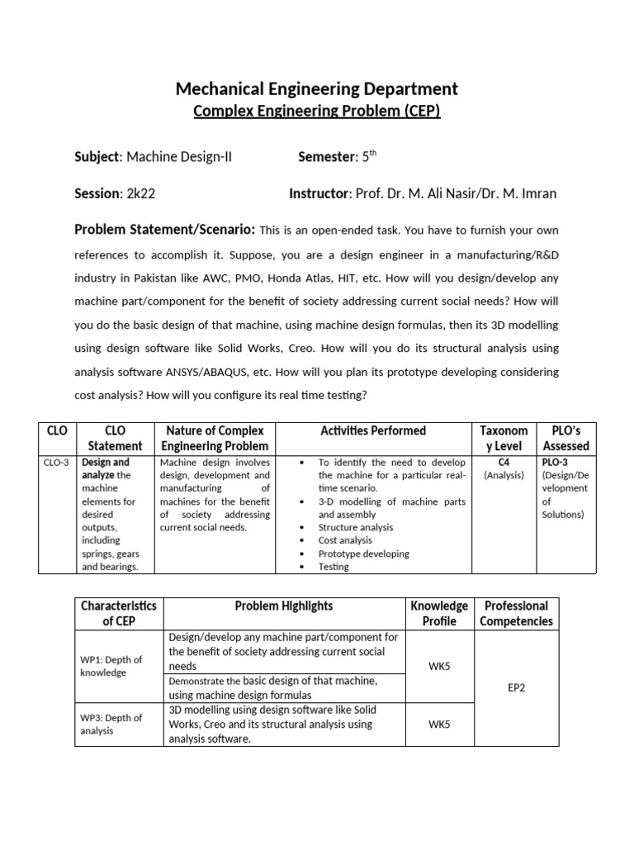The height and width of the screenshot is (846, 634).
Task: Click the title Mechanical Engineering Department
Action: tap(317, 88)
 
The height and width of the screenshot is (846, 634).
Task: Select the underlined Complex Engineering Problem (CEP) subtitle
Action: tap(317, 112)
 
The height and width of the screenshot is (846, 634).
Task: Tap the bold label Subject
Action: tap(97, 156)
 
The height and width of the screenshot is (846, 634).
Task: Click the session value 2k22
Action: tap(142, 193)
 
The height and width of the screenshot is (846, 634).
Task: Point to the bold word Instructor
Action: tap(319, 193)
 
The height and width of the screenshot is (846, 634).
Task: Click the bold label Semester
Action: tap(324, 156)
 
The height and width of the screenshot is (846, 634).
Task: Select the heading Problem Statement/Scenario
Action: tap(165, 230)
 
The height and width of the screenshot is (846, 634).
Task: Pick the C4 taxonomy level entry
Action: tap(504, 463)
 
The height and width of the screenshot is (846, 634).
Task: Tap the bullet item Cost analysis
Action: tap(344, 540)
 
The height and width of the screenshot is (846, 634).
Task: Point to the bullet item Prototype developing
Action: tap(363, 554)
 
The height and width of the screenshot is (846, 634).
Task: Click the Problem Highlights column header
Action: tap(284, 606)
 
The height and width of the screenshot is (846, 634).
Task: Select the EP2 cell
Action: tap(517, 686)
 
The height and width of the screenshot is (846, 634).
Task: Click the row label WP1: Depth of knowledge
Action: tap(111, 666)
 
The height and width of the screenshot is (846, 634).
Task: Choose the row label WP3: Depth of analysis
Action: tap(111, 724)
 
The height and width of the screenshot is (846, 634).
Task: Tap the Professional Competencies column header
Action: tap(517, 613)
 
